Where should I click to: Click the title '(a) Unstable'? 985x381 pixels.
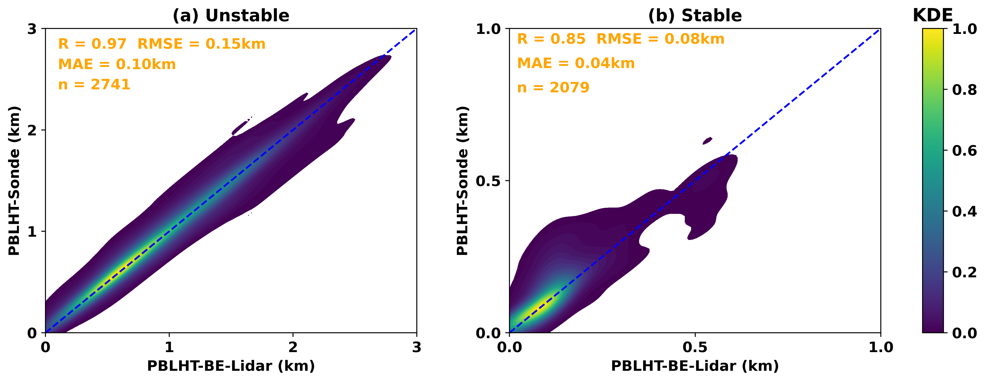pos(231,16)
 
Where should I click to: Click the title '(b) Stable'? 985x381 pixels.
pos(695,16)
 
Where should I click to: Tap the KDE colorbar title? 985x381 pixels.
pos(932,16)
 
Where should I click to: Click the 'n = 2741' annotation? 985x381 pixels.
pos(94,85)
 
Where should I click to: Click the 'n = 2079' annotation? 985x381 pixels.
pos(553,88)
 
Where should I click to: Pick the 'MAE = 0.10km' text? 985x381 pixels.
pos(117,64)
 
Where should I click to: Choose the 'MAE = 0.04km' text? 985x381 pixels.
pos(575,63)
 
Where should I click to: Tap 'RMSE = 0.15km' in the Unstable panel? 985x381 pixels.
pos(201,44)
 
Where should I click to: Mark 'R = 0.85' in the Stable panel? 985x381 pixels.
pos(551,39)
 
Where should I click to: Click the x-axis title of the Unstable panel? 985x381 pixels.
pos(231,366)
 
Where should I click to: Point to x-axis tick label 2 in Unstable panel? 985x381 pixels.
pos(293,347)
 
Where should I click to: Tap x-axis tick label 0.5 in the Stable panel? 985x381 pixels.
pos(695,347)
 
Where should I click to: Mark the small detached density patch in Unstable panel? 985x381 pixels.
pos(240,128)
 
